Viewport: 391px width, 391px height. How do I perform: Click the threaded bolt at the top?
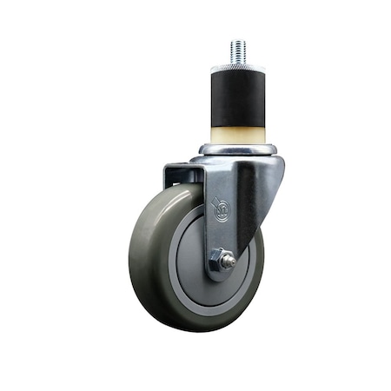pyautogui.click(x=237, y=50)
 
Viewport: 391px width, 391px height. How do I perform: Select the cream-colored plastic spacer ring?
pyautogui.click(x=236, y=135)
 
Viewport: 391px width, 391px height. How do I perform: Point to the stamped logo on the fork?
pyautogui.click(x=222, y=209)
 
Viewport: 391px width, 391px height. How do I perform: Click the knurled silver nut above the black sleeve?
pyautogui.click(x=237, y=66)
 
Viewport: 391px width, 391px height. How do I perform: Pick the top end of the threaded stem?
pyautogui.click(x=237, y=41)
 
